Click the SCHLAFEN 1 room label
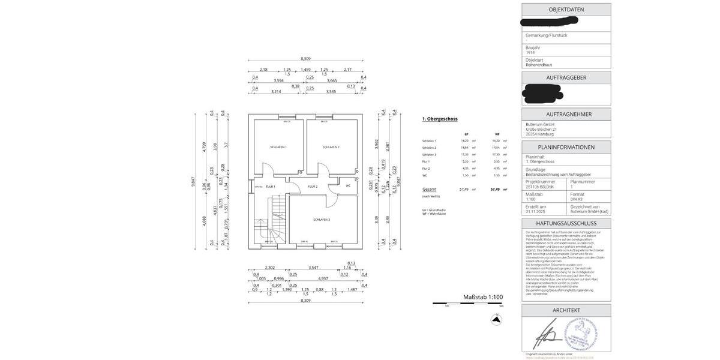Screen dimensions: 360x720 [278, 147]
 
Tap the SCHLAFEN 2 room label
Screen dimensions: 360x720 [331, 147]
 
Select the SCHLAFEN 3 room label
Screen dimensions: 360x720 [321, 220]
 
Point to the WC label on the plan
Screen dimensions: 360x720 [348, 185]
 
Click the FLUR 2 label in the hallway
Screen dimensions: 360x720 [313, 187]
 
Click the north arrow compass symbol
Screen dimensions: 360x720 [496, 320]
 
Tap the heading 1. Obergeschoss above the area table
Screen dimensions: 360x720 [440, 119]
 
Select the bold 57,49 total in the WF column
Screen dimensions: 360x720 [495, 189]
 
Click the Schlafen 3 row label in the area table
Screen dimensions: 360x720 [429, 155]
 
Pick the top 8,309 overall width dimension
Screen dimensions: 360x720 [306, 59]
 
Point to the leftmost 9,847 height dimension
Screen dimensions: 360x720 [193, 181]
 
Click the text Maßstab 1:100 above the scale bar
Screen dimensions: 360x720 [482, 297]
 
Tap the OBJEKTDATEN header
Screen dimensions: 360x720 [566, 10]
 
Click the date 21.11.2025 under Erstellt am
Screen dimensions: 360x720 [536, 211]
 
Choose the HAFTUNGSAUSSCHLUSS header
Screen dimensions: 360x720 [566, 223]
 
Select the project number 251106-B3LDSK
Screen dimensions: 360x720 [540, 187]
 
